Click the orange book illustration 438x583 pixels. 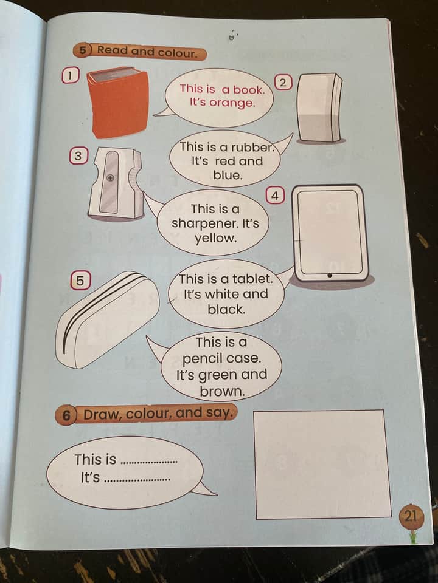118,103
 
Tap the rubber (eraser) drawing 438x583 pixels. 320,108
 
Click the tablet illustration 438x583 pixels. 330,234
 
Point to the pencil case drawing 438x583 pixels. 107,320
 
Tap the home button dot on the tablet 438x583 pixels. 330,276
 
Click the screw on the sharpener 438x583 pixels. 110,178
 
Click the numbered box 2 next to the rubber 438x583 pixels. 283,83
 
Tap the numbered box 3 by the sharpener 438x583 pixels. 78,156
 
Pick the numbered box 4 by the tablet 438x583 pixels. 275,196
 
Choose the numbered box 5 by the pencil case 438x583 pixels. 80,281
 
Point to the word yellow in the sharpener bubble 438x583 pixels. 215,238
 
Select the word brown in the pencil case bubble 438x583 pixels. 223,392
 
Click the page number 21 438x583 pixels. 411,516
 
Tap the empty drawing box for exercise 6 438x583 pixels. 322,465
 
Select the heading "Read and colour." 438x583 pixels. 147,52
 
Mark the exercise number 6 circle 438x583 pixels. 66,415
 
